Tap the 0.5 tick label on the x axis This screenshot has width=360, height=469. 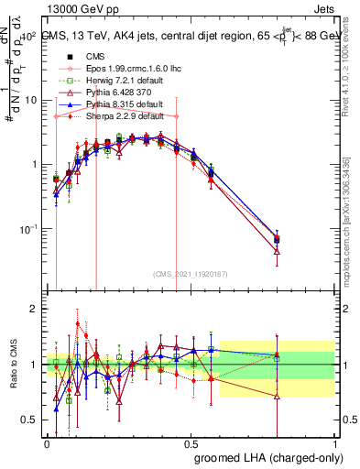[191, 442]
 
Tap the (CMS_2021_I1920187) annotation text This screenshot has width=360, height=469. [189, 273]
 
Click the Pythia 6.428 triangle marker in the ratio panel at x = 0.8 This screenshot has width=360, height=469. [277, 396]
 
